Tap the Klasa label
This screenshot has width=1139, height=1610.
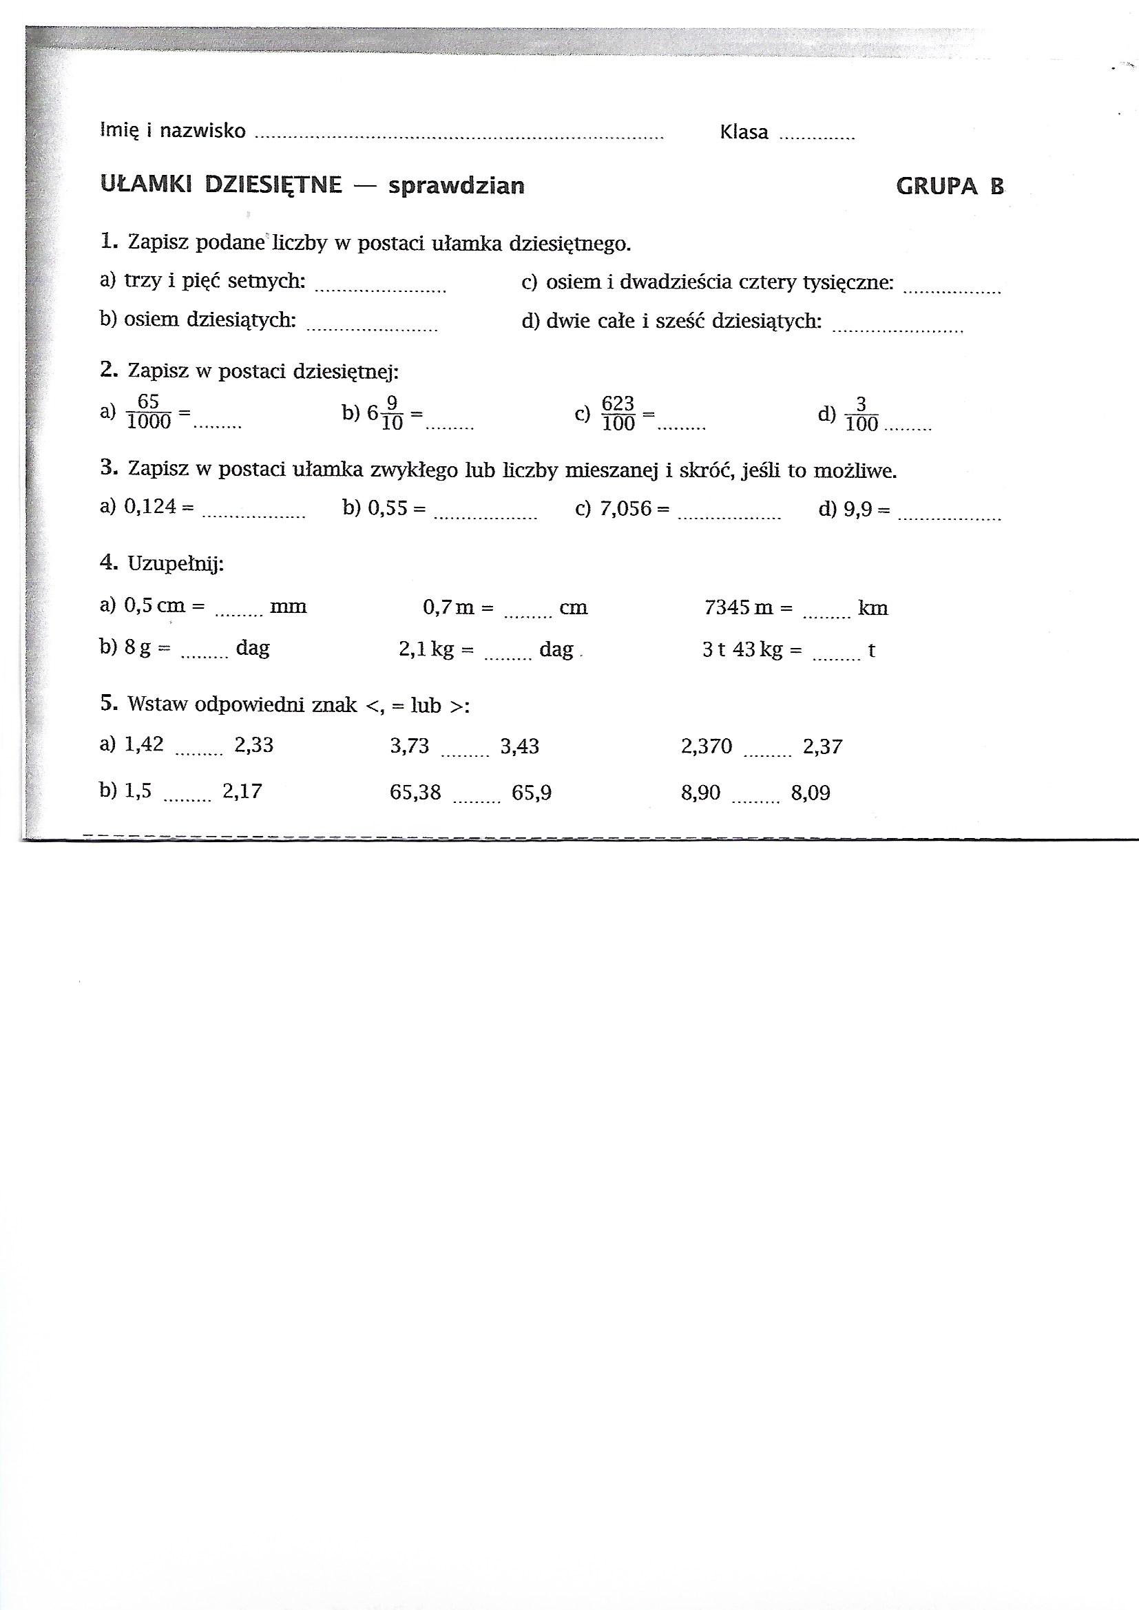pyautogui.click(x=744, y=132)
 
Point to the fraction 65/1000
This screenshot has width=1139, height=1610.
pyautogui.click(x=149, y=412)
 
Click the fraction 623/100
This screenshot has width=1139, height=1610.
pyautogui.click(x=618, y=414)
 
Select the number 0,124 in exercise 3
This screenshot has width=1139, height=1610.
pyautogui.click(x=150, y=506)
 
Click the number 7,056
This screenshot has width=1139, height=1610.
pyautogui.click(x=625, y=508)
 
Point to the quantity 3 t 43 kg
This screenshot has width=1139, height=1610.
pyautogui.click(x=742, y=650)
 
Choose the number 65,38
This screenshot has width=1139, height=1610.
pyautogui.click(x=415, y=793)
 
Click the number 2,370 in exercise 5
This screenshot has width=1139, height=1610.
pyautogui.click(x=706, y=746)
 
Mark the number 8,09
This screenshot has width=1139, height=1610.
pyautogui.click(x=810, y=793)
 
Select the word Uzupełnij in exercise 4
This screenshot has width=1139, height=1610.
pyautogui.click(x=176, y=564)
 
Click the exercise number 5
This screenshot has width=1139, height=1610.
pyautogui.click(x=107, y=703)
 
